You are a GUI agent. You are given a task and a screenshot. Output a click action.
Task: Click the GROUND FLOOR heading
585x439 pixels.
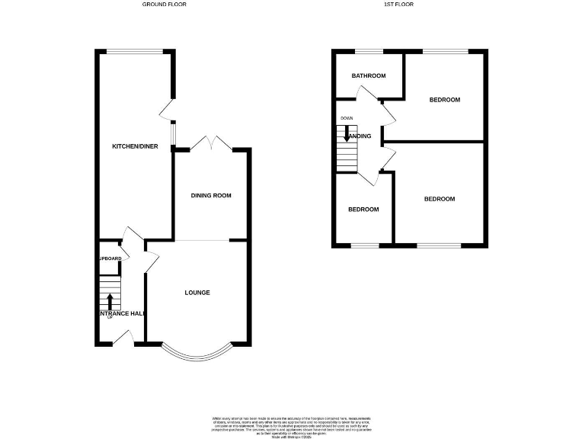coord(165,5)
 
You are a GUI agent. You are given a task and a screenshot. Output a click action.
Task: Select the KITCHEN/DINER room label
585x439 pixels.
coord(135,146)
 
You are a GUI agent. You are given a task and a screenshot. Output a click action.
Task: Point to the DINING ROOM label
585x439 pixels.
coord(211,196)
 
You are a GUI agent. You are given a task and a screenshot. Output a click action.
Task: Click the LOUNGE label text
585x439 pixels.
coord(197,293)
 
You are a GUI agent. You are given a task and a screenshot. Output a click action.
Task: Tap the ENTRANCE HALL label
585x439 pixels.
coord(120,313)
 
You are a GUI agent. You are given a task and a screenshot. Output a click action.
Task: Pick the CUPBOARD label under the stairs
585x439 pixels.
coord(108,259)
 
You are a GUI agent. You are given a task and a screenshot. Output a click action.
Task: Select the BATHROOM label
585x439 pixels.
coord(368,76)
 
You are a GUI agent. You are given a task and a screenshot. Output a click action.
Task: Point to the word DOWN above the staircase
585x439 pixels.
coord(347,119)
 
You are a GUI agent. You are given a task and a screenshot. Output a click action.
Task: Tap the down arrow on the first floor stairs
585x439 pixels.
coord(347,135)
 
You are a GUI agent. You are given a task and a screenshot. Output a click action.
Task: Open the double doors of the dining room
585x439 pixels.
coord(211,143)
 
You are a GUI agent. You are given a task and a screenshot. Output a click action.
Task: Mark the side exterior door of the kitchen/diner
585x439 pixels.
coord(167,111)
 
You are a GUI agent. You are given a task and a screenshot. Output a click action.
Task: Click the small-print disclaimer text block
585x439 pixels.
coord(292,425)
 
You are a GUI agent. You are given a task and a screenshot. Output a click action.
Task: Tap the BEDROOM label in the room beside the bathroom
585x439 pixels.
coord(444,100)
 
